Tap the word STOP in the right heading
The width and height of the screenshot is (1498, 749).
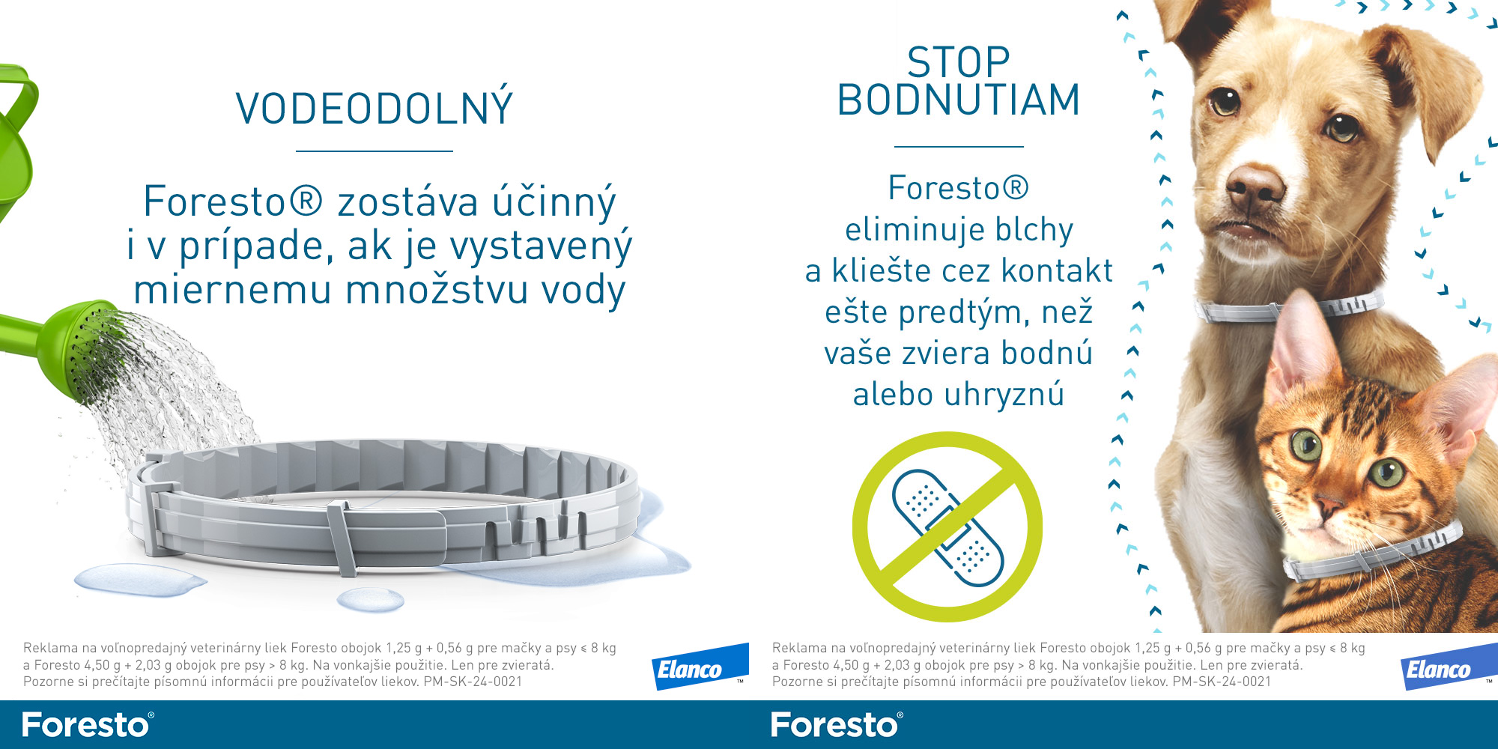(959, 62)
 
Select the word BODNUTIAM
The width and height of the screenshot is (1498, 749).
(959, 100)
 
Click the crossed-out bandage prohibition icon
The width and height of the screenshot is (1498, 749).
(947, 527)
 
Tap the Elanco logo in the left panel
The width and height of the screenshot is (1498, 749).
(700, 667)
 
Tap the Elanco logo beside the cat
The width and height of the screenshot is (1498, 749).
(1449, 667)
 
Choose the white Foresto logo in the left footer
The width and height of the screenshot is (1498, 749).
(88, 725)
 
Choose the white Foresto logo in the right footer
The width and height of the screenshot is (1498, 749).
(837, 725)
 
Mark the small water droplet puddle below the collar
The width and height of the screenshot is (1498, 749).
(371, 598)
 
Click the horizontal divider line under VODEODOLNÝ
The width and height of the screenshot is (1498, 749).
(374, 151)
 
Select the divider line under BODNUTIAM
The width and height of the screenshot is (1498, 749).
(959, 147)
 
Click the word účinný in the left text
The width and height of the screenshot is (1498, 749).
(554, 202)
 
